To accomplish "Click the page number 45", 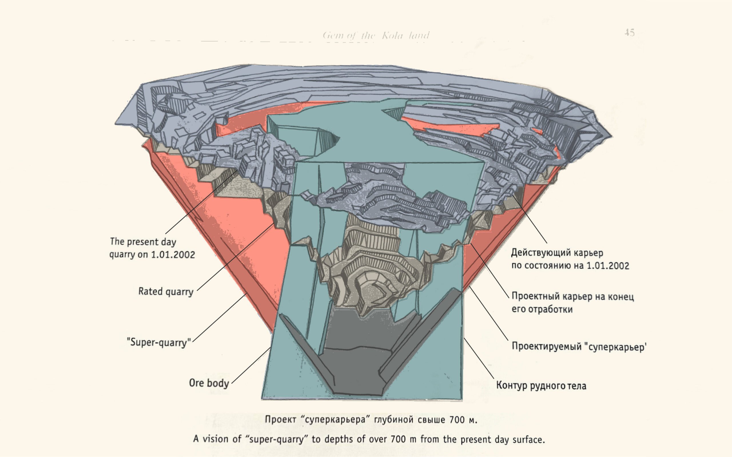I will (629, 33).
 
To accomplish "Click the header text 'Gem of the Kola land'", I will (376, 36).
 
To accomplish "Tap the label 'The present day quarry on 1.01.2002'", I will (152, 248).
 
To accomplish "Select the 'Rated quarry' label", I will (166, 292).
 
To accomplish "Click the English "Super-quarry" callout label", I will (159, 342).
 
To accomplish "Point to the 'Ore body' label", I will (209, 383).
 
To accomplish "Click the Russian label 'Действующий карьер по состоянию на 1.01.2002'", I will (570, 259).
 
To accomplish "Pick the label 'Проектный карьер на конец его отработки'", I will (572, 302).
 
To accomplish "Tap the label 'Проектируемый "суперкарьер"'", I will (579, 346).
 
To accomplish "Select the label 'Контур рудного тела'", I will (541, 386).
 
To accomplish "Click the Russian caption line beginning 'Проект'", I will (371, 420).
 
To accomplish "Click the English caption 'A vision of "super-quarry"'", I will (369, 439).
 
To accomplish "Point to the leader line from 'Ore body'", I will (251, 365).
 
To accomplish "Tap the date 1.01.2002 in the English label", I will (173, 254).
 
